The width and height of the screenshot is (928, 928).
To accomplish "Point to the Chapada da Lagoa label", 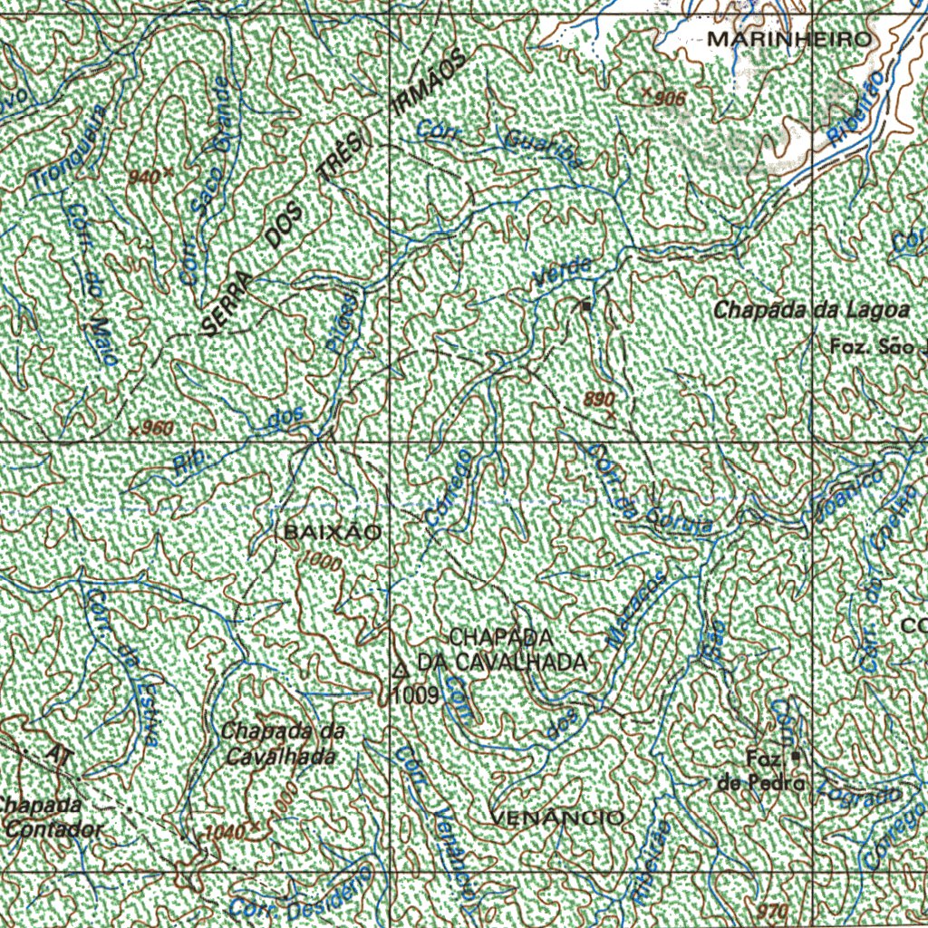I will click(810, 310).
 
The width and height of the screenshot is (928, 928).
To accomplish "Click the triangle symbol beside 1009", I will click(401, 672).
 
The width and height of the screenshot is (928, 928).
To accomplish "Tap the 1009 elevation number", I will click(416, 695).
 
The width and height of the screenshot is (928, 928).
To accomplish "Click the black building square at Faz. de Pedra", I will click(796, 756).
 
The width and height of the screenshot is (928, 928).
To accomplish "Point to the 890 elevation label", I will click(600, 400).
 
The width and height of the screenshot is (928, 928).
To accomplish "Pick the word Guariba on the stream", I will click(541, 149).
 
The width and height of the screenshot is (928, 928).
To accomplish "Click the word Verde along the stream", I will click(563, 273).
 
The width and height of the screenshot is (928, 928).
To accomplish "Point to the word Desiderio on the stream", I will click(328, 893).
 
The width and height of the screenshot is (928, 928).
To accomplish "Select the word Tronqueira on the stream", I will click(70, 149).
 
